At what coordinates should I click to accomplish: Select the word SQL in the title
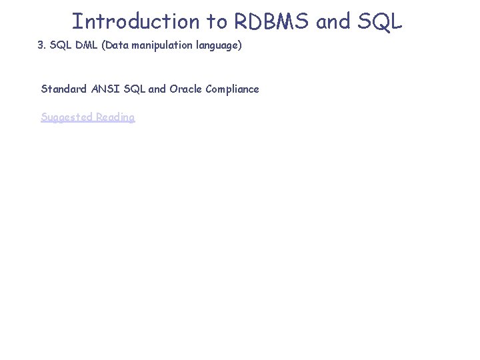379,21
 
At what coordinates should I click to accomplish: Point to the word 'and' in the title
333,21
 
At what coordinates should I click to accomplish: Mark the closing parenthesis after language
239,47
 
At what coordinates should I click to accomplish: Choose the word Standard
64,89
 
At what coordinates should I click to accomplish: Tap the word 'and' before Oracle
157,89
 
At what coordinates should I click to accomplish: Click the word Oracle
186,89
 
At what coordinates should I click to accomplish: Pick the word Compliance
233,89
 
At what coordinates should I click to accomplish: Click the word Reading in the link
115,117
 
